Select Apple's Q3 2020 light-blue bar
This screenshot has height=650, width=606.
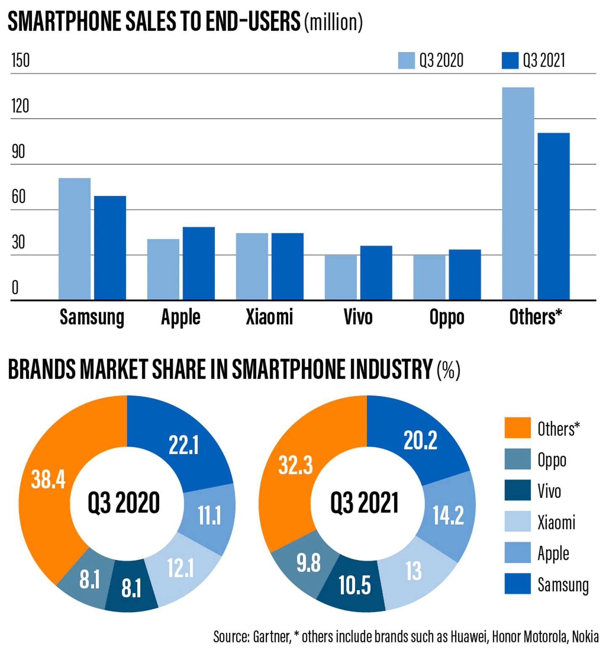click(163, 269)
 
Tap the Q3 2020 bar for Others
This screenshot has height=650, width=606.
click(518, 194)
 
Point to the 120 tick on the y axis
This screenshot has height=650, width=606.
click(20, 106)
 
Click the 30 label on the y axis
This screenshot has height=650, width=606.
click(19, 242)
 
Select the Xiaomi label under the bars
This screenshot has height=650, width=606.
click(269, 317)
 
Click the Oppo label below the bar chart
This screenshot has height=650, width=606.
click(447, 317)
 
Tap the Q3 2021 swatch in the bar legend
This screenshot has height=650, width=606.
click(510, 61)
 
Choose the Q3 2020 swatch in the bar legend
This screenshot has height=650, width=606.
click(406, 61)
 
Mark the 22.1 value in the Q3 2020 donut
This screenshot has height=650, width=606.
click(183, 445)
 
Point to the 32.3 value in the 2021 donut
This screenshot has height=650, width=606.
click(295, 466)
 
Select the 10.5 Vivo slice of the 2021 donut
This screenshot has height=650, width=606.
click(354, 585)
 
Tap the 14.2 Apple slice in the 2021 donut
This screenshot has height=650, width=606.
click(448, 515)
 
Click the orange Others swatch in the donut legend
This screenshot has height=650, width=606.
click(517, 428)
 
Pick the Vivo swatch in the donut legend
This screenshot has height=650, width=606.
click(517, 490)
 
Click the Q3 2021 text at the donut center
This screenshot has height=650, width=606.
click(364, 503)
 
